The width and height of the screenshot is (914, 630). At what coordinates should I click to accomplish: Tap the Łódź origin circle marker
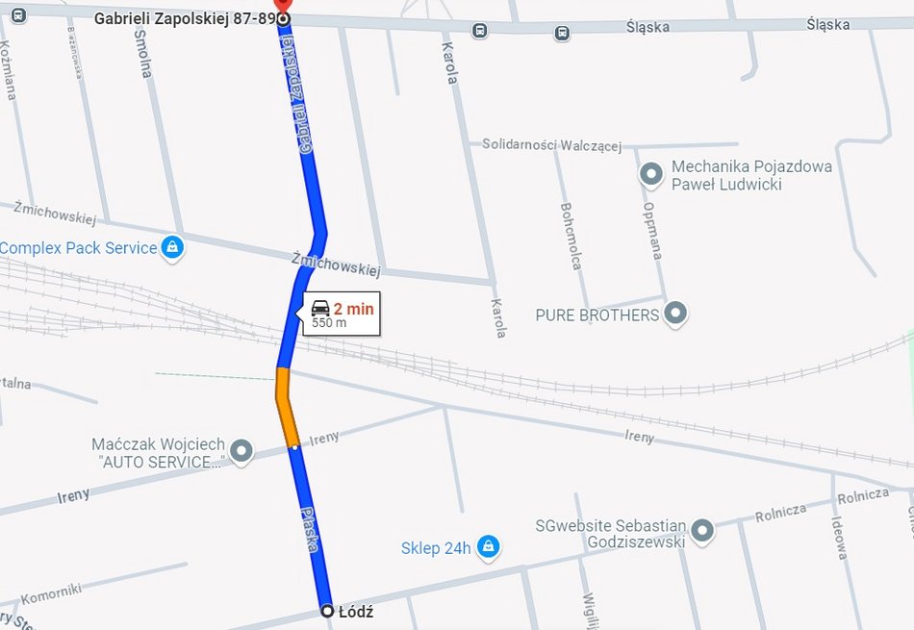tap(327, 611)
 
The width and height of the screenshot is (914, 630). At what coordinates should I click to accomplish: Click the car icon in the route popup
tap(320, 308)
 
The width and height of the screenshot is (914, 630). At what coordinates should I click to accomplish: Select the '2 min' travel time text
tap(353, 309)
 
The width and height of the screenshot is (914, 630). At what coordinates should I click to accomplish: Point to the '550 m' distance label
tap(329, 324)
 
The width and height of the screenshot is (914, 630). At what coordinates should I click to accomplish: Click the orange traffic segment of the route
tap(286, 408)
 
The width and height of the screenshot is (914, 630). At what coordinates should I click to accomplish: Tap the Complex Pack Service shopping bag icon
tap(172, 247)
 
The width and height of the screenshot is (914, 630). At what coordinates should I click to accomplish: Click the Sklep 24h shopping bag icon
tap(488, 546)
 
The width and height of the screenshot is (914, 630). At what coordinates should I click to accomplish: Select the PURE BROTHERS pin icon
tap(676, 313)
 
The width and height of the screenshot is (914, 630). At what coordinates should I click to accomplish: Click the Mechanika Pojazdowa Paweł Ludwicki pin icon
tap(651, 174)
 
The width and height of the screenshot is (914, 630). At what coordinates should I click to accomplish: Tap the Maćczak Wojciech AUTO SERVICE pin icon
tap(241, 450)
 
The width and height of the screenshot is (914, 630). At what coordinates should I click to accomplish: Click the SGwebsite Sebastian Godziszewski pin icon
tap(703, 530)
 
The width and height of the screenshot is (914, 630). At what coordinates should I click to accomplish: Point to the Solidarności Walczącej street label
tap(551, 145)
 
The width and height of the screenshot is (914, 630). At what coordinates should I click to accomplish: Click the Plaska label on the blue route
tap(310, 528)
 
